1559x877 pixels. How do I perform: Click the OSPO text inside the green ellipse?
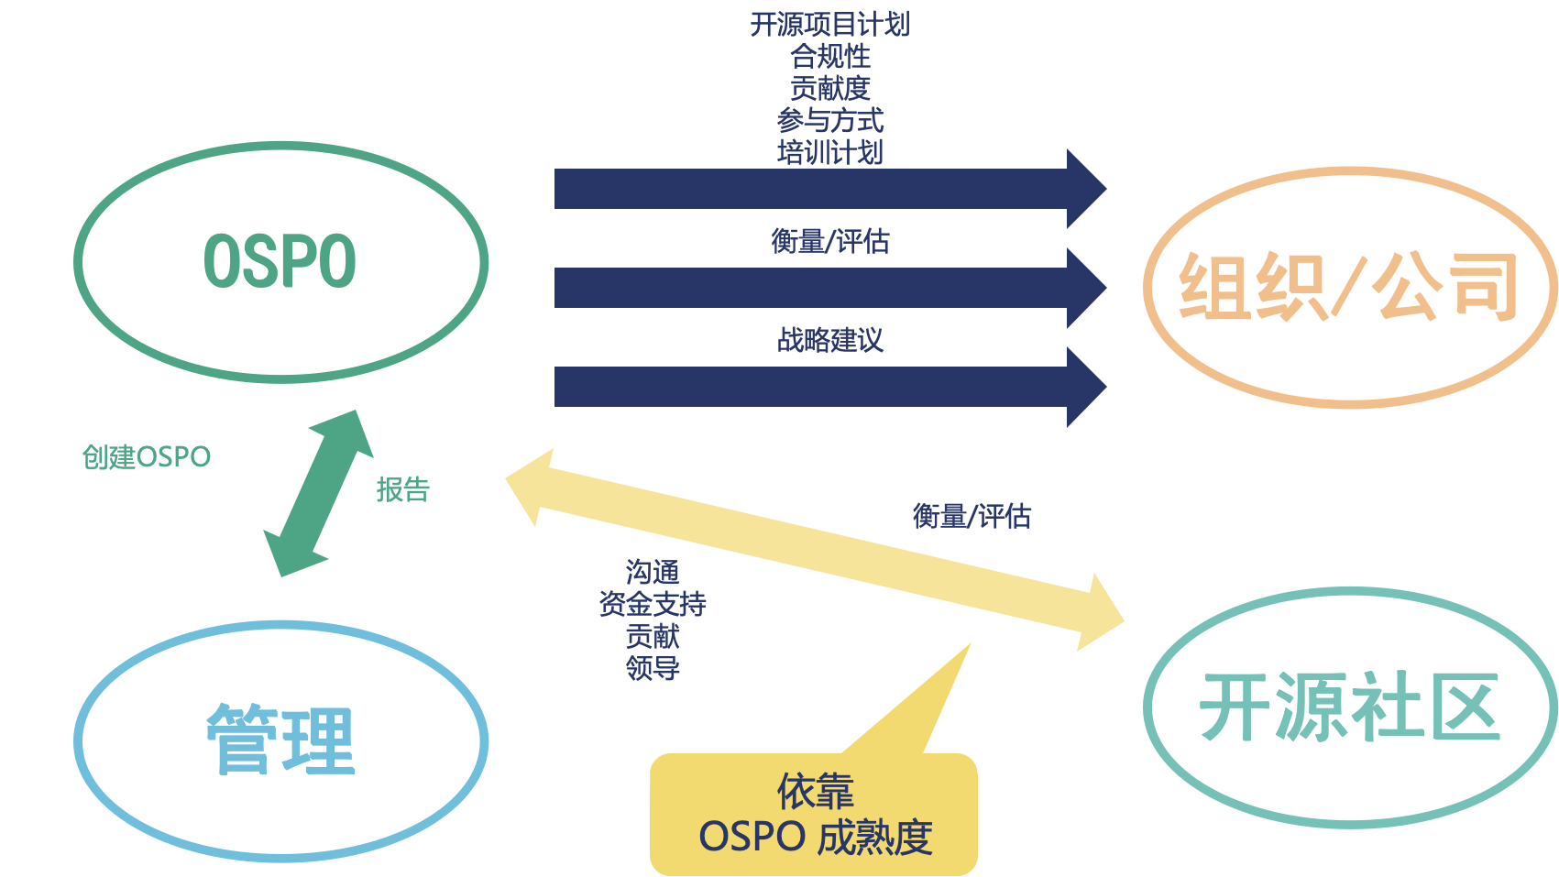[x=280, y=262]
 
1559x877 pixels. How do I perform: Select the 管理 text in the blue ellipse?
[x=280, y=740]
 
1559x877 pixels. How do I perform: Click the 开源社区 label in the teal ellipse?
[x=1350, y=707]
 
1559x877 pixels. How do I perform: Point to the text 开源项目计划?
[x=829, y=25]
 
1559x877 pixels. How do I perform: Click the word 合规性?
[x=829, y=57]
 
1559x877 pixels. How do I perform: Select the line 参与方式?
[x=829, y=120]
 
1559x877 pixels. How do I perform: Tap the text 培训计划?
[x=829, y=152]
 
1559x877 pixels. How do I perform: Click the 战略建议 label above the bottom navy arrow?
[x=829, y=340]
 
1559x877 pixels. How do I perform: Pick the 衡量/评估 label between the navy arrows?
[x=829, y=242]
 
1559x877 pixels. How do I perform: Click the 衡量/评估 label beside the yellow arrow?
[x=972, y=516]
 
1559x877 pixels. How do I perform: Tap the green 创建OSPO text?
[x=147, y=456]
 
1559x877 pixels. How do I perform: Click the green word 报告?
[x=402, y=489]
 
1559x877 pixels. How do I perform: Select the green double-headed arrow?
[x=318, y=493]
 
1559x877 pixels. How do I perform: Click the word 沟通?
[x=653, y=573]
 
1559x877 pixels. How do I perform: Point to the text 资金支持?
[x=653, y=604]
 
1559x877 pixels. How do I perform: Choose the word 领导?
[x=653, y=668]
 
